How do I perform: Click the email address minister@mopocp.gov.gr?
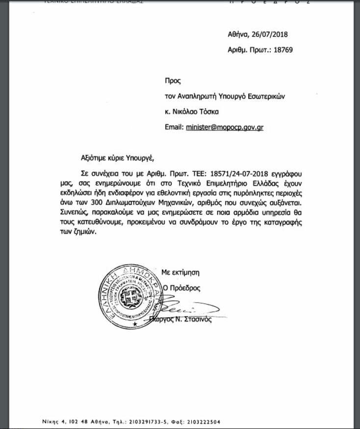pyautogui.click(x=225, y=127)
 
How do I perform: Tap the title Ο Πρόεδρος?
pyautogui.click(x=181, y=288)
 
